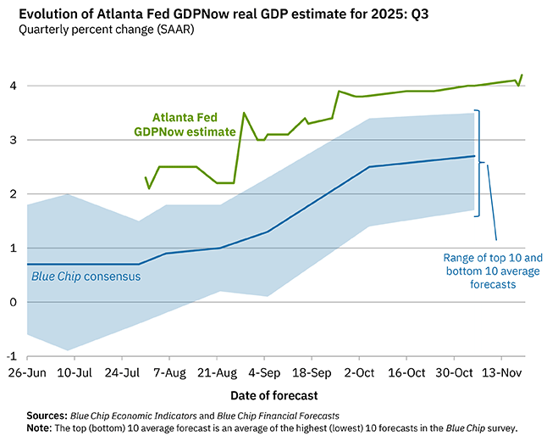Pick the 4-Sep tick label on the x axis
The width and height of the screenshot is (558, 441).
coord(265,372)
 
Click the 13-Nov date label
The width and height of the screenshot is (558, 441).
coord(500,372)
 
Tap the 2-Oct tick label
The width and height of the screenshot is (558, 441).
coord(359,372)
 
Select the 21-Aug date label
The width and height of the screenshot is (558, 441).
coord(218,372)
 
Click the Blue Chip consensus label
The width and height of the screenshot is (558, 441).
coord(86,276)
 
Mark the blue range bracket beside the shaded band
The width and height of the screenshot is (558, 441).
coord(480,162)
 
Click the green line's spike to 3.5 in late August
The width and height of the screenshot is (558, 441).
coord(244,113)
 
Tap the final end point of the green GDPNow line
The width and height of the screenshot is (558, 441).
coord(522,75)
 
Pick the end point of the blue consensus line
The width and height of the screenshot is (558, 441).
coord(473,156)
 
